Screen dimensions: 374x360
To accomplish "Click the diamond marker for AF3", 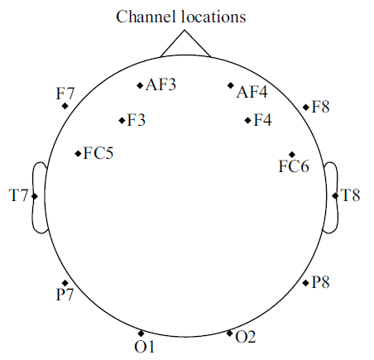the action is [x=140, y=85].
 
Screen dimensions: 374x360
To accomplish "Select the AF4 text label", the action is [x=252, y=92].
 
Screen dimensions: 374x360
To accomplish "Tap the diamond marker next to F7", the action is [x=65, y=106].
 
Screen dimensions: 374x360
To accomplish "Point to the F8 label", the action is [x=320, y=107].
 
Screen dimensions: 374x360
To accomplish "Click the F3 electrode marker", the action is [x=122, y=120].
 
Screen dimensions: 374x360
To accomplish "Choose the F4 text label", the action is [x=262, y=120].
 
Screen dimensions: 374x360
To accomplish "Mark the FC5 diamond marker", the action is [x=79, y=153].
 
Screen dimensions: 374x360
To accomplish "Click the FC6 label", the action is [x=294, y=166].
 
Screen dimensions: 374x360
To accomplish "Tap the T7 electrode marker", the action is [x=35, y=196].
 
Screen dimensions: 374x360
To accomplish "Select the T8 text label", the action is [x=351, y=195].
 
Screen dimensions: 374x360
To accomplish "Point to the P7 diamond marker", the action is [x=65, y=283].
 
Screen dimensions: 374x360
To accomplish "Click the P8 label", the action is [x=320, y=282].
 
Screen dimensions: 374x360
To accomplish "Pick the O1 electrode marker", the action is [x=141, y=334].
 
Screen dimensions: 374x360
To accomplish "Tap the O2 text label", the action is [x=246, y=337].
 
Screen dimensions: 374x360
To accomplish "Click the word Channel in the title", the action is [x=146, y=17].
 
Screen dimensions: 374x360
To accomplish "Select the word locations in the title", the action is [x=213, y=17].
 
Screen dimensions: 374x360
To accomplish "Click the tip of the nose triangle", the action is [x=185, y=30].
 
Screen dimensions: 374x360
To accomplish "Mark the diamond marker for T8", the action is [x=335, y=195].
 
